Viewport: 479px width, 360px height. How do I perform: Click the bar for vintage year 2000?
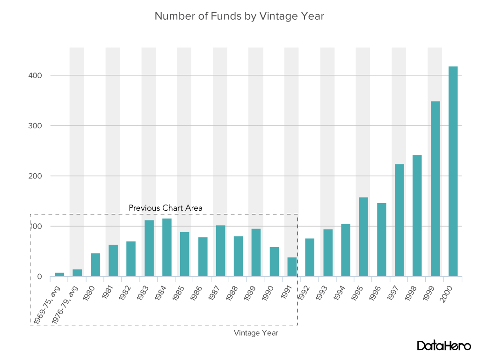[x=453, y=171]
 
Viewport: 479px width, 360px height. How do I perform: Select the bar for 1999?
[x=435, y=189]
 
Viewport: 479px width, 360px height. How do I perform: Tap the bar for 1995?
[x=363, y=237]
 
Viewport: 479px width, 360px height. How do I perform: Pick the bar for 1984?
[x=167, y=247]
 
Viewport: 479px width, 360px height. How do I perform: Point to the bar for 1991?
[x=292, y=267]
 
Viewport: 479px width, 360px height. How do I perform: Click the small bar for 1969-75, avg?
[x=59, y=274]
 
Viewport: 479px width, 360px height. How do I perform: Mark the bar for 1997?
[x=399, y=220]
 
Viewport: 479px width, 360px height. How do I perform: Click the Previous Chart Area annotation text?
[x=166, y=208]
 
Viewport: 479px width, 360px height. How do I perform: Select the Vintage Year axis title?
[x=256, y=333]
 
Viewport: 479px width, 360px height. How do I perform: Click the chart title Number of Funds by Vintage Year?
[x=239, y=16]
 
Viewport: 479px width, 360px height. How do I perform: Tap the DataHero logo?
[x=444, y=346]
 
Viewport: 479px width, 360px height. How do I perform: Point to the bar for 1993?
[x=328, y=253]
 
